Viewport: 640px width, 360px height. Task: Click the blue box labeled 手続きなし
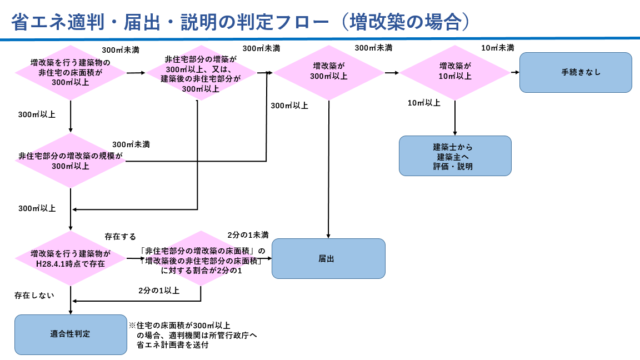point(576,72)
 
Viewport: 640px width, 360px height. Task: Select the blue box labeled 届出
point(328,258)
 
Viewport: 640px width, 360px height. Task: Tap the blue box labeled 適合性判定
point(71,334)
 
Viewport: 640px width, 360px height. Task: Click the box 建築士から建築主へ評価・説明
point(455,156)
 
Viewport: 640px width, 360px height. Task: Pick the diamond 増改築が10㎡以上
point(455,72)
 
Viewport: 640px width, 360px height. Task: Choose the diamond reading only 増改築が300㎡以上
point(328,72)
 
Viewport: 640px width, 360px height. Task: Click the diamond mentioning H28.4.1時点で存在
point(71,258)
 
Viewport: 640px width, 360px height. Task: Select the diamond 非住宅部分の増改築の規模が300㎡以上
point(71,161)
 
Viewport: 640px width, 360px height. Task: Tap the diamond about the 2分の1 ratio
point(201,258)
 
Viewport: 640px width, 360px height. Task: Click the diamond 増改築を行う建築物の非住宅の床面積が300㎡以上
point(71,72)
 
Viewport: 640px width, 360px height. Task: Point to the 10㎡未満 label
point(497,48)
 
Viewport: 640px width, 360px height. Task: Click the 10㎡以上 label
point(424,103)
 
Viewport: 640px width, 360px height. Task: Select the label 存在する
point(120,237)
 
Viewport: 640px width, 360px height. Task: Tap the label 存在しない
point(34,295)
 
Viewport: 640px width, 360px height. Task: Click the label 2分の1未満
point(248,234)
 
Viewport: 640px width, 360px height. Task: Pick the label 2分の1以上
point(159,290)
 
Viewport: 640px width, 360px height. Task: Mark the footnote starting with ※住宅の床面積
point(192,335)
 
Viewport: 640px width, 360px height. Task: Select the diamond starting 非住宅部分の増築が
point(201,72)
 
